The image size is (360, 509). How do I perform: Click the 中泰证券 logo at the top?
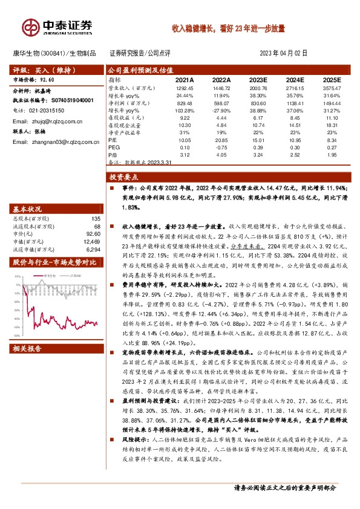coord(58,26)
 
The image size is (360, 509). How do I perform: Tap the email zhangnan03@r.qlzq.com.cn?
coord(53,141)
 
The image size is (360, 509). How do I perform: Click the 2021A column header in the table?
coord(185,79)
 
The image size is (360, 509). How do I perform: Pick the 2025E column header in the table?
coord(332,79)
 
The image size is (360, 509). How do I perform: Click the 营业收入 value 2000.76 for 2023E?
coord(257,88)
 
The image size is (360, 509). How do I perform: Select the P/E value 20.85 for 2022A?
coord(221,140)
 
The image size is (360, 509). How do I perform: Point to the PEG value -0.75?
coord(221,147)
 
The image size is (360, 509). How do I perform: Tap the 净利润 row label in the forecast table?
coord(119,103)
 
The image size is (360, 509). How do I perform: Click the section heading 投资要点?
coord(123,177)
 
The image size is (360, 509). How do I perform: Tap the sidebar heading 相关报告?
coord(27,349)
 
